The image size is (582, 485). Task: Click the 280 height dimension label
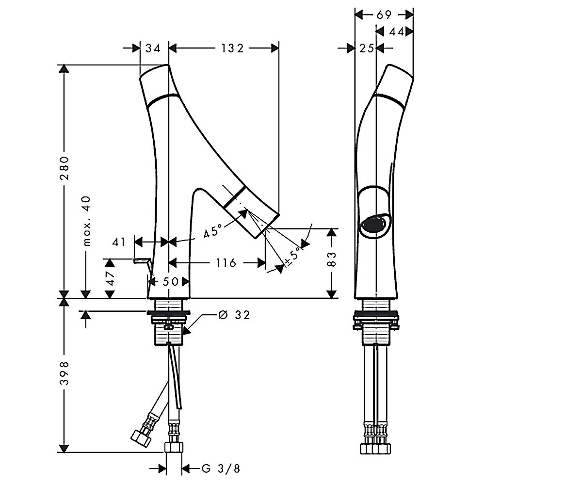65,168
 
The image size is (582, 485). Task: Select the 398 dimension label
65,373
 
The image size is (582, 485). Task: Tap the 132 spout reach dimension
232,48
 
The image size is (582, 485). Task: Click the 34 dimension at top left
153,48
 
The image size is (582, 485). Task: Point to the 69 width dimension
384,15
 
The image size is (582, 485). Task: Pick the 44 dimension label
397,32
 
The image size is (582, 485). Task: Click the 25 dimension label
367,48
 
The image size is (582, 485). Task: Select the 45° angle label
213,230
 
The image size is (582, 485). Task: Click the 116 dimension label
226,262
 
